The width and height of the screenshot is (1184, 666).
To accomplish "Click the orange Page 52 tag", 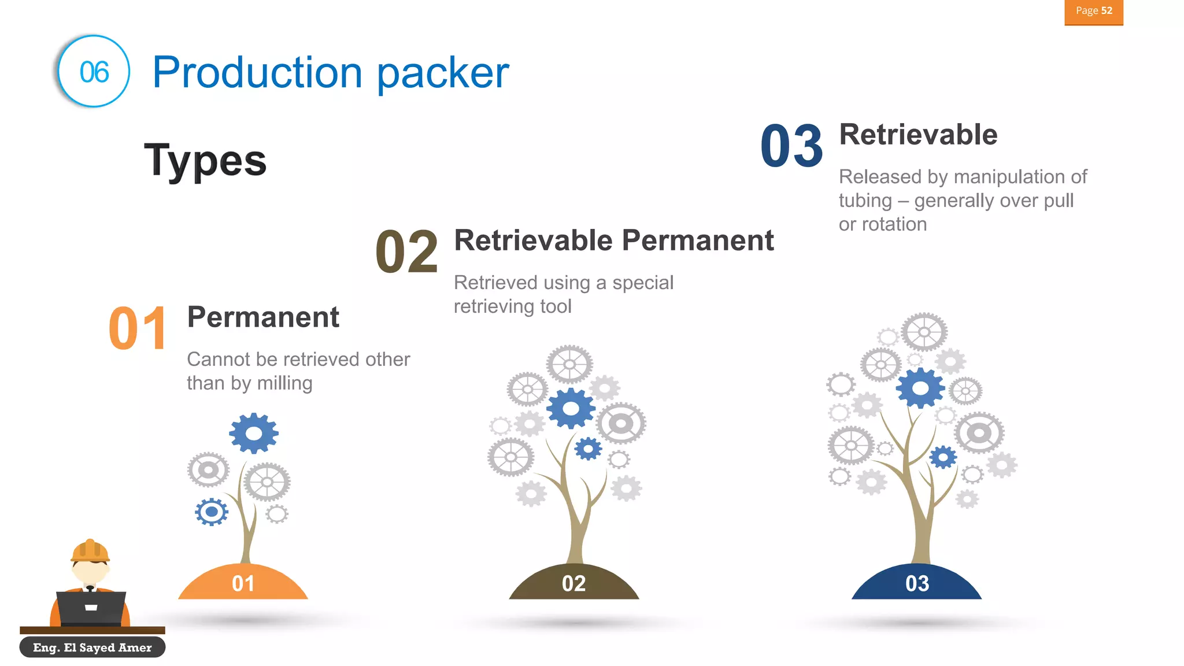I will click(x=1093, y=12).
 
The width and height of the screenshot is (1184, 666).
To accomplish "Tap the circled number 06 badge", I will click(x=94, y=72).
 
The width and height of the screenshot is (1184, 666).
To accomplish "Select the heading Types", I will click(x=205, y=161).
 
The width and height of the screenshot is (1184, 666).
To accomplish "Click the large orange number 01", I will click(x=138, y=329).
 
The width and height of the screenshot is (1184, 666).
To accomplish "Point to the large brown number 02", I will click(x=406, y=252).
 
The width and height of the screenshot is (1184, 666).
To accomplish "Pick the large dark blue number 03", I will click(x=791, y=146).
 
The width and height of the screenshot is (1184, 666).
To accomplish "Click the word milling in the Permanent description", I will click(x=284, y=383).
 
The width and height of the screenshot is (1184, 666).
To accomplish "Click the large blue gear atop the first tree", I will click(x=254, y=433).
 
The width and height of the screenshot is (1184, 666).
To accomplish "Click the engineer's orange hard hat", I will click(x=90, y=550).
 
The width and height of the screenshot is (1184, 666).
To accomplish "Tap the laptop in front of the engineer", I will click(x=91, y=608).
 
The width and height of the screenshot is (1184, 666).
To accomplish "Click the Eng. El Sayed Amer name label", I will click(x=92, y=647).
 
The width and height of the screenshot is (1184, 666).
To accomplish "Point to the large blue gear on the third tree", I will click(x=920, y=388).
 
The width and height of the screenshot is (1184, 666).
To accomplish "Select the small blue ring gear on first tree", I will click(x=212, y=512).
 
